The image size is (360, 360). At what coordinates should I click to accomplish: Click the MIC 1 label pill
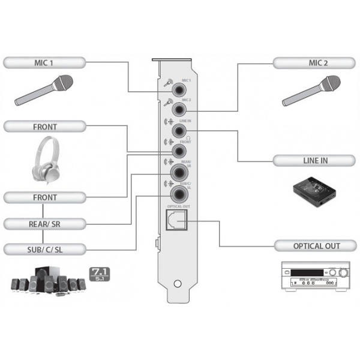tap(45, 62)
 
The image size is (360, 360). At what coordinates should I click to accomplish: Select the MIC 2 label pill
tap(316, 62)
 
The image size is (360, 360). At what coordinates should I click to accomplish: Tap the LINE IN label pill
tap(316, 160)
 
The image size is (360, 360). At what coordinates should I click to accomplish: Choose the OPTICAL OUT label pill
tap(316, 246)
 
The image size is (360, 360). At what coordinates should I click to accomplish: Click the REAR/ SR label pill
tap(45, 224)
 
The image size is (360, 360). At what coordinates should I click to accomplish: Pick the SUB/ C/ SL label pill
tap(45, 249)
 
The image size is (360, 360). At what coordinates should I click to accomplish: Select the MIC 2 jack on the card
tap(179, 110)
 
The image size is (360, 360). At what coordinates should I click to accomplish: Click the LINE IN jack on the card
tap(179, 130)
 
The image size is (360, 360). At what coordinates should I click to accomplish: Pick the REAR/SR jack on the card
tap(179, 173)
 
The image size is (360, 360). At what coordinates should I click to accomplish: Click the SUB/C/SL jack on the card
tap(179, 194)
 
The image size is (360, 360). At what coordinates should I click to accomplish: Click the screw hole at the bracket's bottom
tap(176, 284)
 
